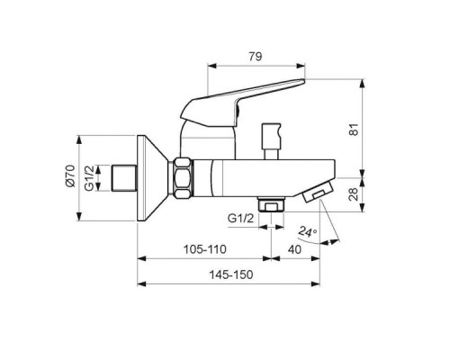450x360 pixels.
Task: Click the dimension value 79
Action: click(256, 57)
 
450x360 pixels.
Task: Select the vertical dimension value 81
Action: click(354, 130)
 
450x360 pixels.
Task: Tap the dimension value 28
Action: click(354, 194)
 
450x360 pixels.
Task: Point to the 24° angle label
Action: click(308, 231)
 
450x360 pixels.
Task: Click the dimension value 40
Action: click(294, 249)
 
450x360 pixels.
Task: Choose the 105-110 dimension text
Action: click(205, 249)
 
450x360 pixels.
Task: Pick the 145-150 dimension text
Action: click(231, 274)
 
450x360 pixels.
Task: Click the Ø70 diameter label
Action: click(71, 175)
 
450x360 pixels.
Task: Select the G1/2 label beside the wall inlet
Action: click(89, 178)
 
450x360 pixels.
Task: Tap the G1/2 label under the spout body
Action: click(241, 218)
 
